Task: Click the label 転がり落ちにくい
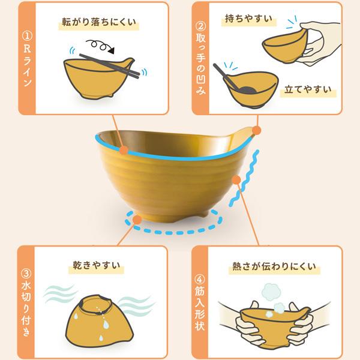pos(100,24)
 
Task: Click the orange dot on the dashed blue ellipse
pos(137,219)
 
